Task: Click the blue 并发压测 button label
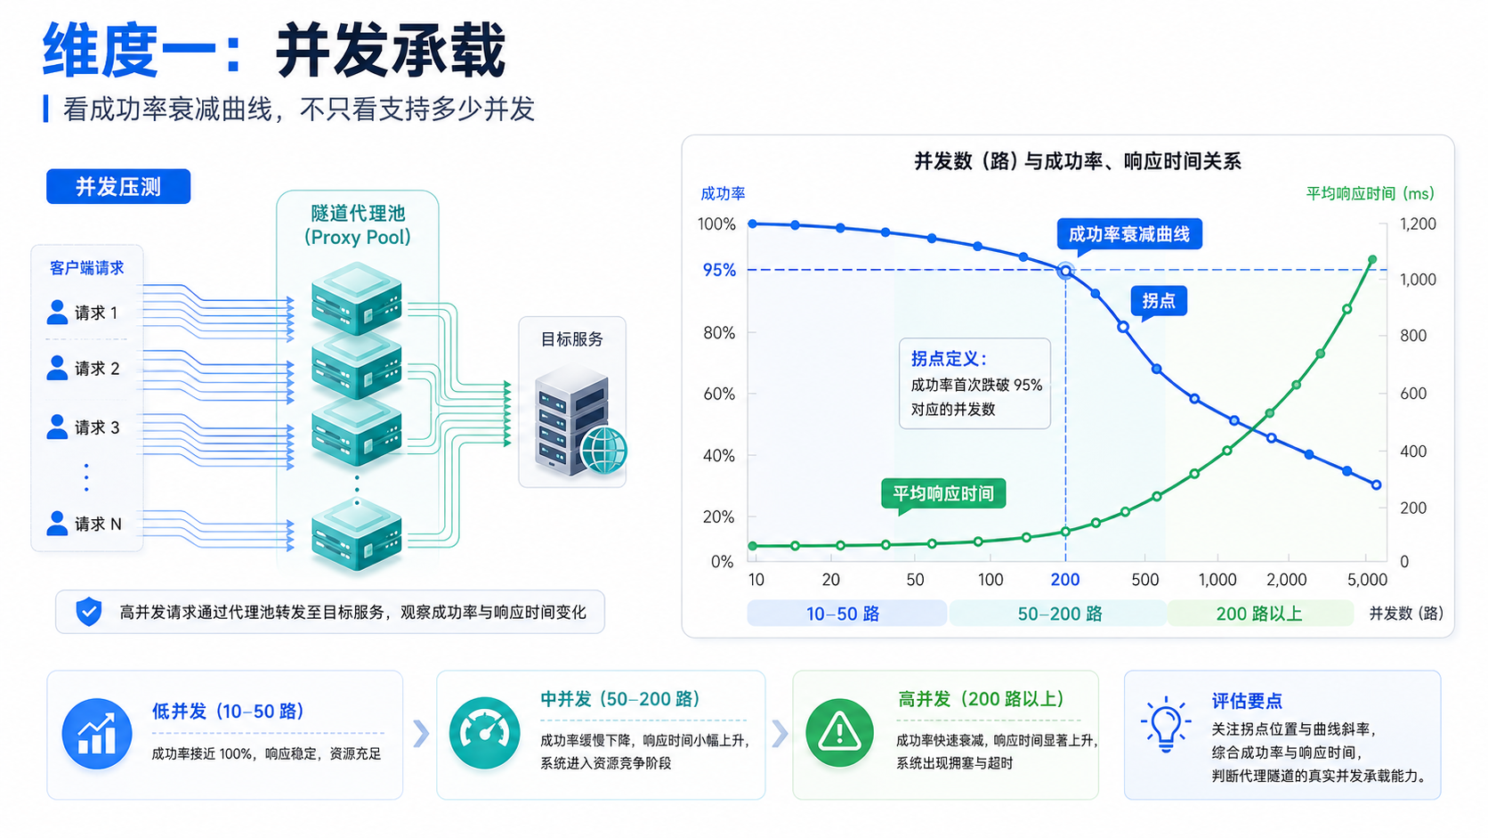coord(118,187)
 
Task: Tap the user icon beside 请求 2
coord(57,368)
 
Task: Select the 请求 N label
coord(98,524)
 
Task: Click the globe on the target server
coord(603,450)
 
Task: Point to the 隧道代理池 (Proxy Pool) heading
coord(358,224)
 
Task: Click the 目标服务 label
coord(572,339)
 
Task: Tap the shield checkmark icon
coord(88,612)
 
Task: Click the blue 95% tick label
coord(719,270)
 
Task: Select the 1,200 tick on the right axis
coord(1419,224)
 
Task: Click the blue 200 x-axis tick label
coord(1065,580)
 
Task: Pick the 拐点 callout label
coord(1159,301)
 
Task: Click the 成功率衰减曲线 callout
coord(1129,234)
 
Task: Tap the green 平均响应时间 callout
coord(943,493)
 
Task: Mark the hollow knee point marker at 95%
coord(1065,271)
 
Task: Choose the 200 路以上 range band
coord(1259,614)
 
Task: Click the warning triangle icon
coord(839,732)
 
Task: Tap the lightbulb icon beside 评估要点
coord(1166,724)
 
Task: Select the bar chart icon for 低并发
coord(97,734)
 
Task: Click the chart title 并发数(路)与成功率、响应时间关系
coord(1078,161)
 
